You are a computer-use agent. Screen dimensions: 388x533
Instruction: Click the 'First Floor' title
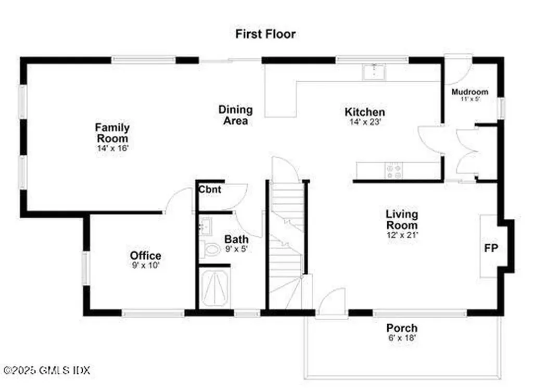[x=265, y=34]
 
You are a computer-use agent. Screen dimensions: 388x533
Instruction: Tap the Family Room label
[x=112, y=133]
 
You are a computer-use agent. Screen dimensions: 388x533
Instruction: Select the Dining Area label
[x=235, y=115]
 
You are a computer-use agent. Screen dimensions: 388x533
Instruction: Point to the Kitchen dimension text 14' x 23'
[x=365, y=123]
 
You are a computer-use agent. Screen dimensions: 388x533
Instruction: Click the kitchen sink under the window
[x=373, y=72]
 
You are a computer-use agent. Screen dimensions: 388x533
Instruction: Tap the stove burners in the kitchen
[x=392, y=171]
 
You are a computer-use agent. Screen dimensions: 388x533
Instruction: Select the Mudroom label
[x=469, y=92]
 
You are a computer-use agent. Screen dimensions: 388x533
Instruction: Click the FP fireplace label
[x=491, y=247]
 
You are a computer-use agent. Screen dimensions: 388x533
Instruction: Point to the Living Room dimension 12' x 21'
[x=401, y=235]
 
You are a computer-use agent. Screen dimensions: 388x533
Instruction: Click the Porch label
[x=401, y=328]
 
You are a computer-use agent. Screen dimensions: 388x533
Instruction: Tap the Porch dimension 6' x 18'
[x=401, y=338]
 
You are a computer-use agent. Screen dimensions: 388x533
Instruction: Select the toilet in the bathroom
[x=211, y=249]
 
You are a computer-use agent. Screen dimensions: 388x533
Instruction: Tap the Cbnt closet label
[x=210, y=190]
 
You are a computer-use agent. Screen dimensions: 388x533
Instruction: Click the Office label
[x=145, y=256]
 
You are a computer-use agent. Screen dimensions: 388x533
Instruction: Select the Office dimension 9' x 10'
[x=145, y=266]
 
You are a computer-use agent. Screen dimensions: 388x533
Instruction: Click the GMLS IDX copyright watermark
[x=46, y=370]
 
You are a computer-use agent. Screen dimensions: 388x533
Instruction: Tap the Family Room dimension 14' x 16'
[x=112, y=148]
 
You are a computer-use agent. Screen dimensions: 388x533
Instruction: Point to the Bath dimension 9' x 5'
[x=236, y=249]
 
